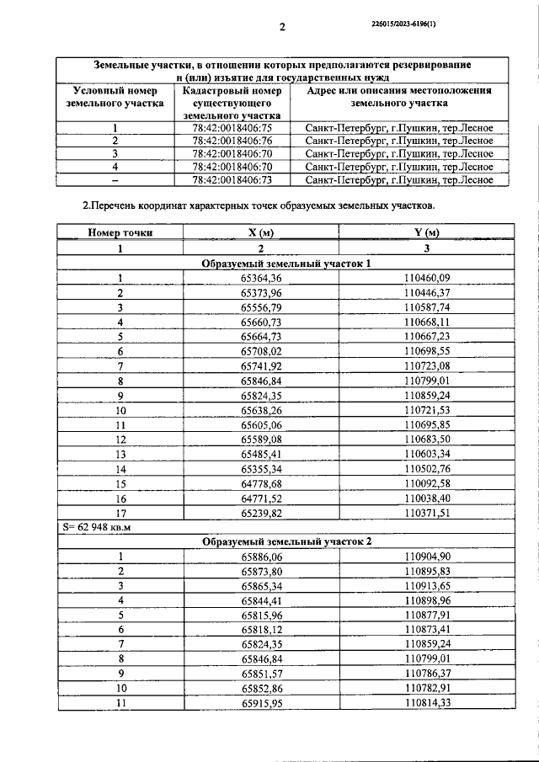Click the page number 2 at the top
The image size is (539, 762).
[x=283, y=26]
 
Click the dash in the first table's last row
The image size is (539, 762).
[x=115, y=179]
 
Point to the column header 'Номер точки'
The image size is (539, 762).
[x=120, y=232]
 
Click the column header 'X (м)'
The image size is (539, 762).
[x=261, y=232]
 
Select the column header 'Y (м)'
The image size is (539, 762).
[x=427, y=232]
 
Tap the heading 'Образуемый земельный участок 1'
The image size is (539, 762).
[x=286, y=264]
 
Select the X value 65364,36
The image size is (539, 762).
[x=261, y=278]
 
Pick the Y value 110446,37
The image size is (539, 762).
[x=427, y=293]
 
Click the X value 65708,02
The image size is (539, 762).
[x=261, y=350]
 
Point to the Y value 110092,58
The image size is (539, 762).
[x=427, y=482]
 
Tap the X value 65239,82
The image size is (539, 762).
[x=261, y=511]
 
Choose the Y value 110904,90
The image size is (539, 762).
[x=427, y=556]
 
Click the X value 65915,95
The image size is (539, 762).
[x=261, y=702]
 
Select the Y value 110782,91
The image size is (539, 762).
[x=427, y=687]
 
